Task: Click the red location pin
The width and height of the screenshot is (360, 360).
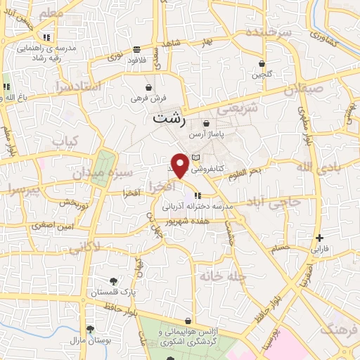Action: pyautogui.click(x=180, y=165)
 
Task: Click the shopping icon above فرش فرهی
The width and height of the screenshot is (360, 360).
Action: pyautogui.click(x=146, y=88)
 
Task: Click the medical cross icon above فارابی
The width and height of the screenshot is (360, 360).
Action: pyautogui.click(x=320, y=238)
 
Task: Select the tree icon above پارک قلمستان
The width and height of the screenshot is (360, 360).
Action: pyautogui.click(x=115, y=281)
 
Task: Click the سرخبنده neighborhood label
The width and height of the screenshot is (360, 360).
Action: pyautogui.click(x=274, y=34)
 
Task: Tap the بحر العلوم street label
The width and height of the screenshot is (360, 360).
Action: pyautogui.click(x=247, y=172)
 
